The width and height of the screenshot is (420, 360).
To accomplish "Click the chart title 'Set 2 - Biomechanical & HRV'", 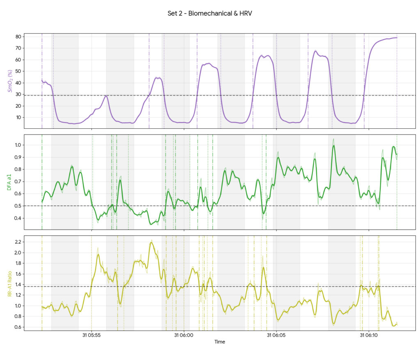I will pyautogui.click(x=210, y=14).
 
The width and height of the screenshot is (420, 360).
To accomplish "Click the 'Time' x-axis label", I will pyautogui.click(x=219, y=342).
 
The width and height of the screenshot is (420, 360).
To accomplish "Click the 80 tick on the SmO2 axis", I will pyautogui.click(x=18, y=36).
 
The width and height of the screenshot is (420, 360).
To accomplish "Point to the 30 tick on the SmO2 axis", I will pyautogui.click(x=18, y=94).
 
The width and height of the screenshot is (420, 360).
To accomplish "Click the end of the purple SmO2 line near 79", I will pyautogui.click(x=397, y=38).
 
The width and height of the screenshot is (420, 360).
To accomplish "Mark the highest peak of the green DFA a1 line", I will pyautogui.click(x=334, y=146).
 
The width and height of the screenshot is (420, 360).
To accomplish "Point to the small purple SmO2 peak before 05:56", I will pyautogui.click(x=106, y=96).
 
